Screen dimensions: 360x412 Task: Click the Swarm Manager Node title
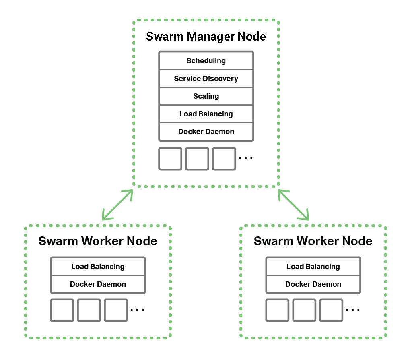click(x=206, y=37)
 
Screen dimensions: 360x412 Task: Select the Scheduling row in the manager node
click(x=206, y=61)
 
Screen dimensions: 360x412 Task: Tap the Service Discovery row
click(x=206, y=79)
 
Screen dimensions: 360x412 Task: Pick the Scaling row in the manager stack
click(x=206, y=96)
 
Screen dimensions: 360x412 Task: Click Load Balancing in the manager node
click(x=206, y=114)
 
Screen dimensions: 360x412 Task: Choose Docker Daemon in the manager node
click(x=206, y=132)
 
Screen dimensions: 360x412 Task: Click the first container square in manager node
click(x=170, y=159)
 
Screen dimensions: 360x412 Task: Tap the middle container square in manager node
click(x=197, y=159)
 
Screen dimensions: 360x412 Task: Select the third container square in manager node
click(x=224, y=159)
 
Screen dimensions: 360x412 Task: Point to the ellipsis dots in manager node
click(x=245, y=159)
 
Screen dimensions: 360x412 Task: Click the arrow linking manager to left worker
click(x=117, y=205)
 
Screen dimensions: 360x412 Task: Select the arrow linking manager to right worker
click(x=293, y=205)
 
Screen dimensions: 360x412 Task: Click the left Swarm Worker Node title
click(x=98, y=241)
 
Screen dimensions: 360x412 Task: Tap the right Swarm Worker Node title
click(x=313, y=241)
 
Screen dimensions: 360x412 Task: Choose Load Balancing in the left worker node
click(x=98, y=267)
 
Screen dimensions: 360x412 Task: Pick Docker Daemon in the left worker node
click(x=98, y=284)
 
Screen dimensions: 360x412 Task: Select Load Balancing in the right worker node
click(x=313, y=267)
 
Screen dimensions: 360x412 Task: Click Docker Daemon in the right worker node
click(x=313, y=284)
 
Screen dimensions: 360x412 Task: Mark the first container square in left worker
click(x=62, y=310)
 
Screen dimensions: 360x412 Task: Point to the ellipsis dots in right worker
click(x=352, y=310)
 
